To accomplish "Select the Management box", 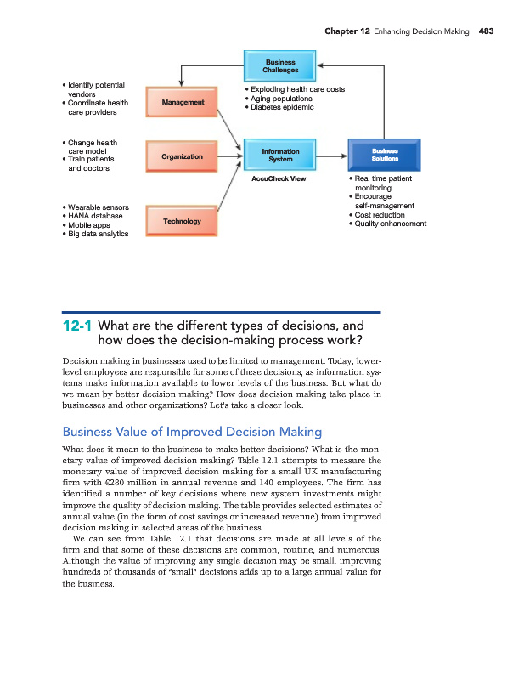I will point(182,102).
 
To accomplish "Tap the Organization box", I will point(182,156).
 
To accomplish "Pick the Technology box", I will point(182,221).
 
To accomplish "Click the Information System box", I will point(279,156).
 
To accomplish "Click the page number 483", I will point(486,32).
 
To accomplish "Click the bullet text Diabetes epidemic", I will point(282,108).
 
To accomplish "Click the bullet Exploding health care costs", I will point(296,89).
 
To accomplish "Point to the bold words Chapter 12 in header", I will point(347,32).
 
